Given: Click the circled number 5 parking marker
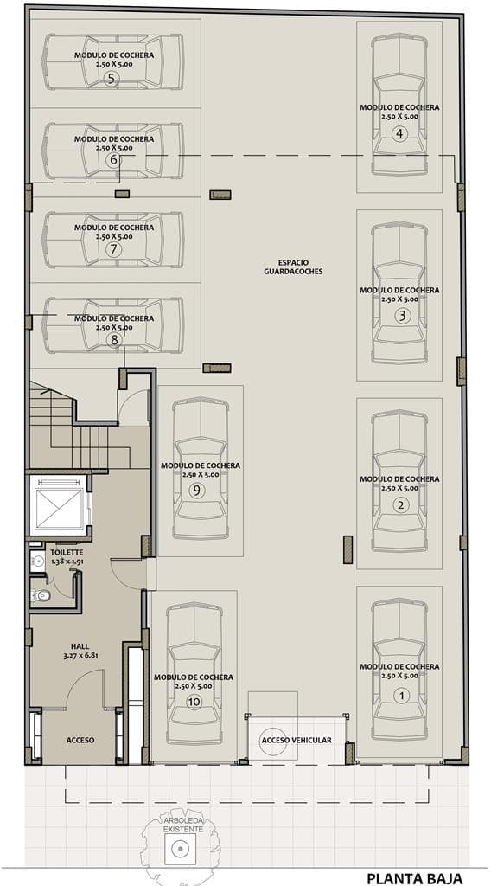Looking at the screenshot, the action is click(x=112, y=79).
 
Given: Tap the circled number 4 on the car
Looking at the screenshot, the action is click(x=399, y=134).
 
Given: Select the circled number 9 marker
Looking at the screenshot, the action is click(x=196, y=491).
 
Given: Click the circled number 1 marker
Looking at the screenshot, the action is click(x=402, y=696).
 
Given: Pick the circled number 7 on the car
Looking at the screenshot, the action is click(x=113, y=249).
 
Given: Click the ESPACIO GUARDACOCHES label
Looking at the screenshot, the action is click(x=293, y=266).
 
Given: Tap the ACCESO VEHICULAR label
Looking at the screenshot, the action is click(x=297, y=739).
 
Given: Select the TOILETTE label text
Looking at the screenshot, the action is click(x=67, y=552).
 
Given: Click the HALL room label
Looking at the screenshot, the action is click(x=80, y=646).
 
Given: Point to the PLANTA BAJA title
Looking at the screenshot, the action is click(x=415, y=878).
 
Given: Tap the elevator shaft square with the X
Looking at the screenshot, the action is click(x=58, y=505).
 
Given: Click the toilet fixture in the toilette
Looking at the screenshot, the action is click(x=40, y=594).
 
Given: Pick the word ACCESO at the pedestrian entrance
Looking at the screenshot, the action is click(x=80, y=740).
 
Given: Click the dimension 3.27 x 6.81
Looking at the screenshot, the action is click(x=80, y=656).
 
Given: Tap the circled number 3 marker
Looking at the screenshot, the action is click(x=401, y=317).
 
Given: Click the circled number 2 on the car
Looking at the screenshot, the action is click(x=401, y=505).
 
